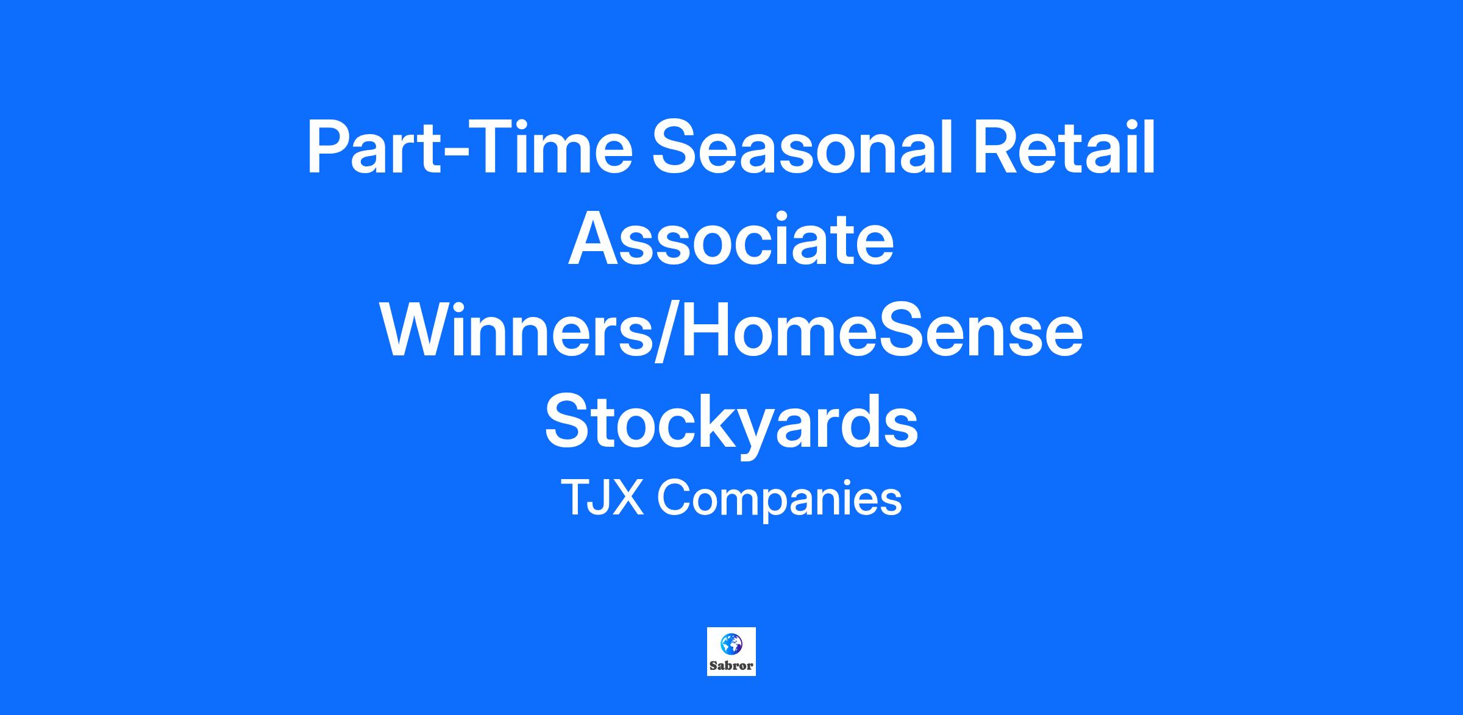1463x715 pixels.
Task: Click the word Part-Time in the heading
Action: tap(470, 149)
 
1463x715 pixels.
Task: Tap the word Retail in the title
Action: tap(1064, 148)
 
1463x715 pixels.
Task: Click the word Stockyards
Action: tap(731, 422)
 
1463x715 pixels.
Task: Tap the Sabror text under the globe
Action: tap(731, 666)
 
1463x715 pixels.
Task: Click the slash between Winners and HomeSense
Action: tap(667, 332)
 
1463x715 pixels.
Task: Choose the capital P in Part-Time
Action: tap(329, 148)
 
